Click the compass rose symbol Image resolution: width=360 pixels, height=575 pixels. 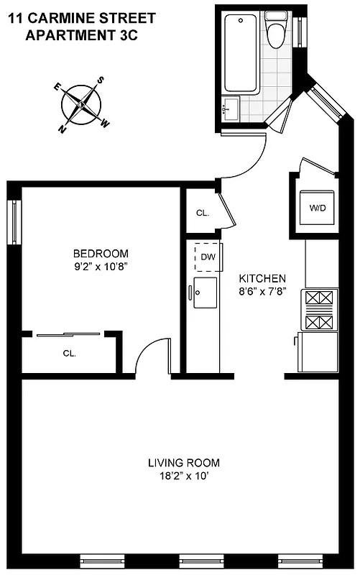[83, 105]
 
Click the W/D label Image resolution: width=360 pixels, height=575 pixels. [318, 208]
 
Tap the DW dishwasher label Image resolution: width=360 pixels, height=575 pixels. [208, 257]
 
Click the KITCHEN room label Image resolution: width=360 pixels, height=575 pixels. [262, 278]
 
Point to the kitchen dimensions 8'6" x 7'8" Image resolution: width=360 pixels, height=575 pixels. [262, 291]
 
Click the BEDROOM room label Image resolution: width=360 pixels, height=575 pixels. [101, 253]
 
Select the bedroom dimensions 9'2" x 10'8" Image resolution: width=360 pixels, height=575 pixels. [101, 266]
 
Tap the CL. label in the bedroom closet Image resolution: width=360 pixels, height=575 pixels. [69, 353]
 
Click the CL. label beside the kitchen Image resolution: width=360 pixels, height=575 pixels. [202, 213]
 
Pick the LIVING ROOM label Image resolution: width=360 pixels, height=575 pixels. [183, 462]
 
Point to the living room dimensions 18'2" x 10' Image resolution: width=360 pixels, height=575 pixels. [183, 476]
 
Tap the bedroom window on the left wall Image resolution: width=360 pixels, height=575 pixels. [12, 221]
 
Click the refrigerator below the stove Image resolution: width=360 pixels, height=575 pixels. [318, 352]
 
